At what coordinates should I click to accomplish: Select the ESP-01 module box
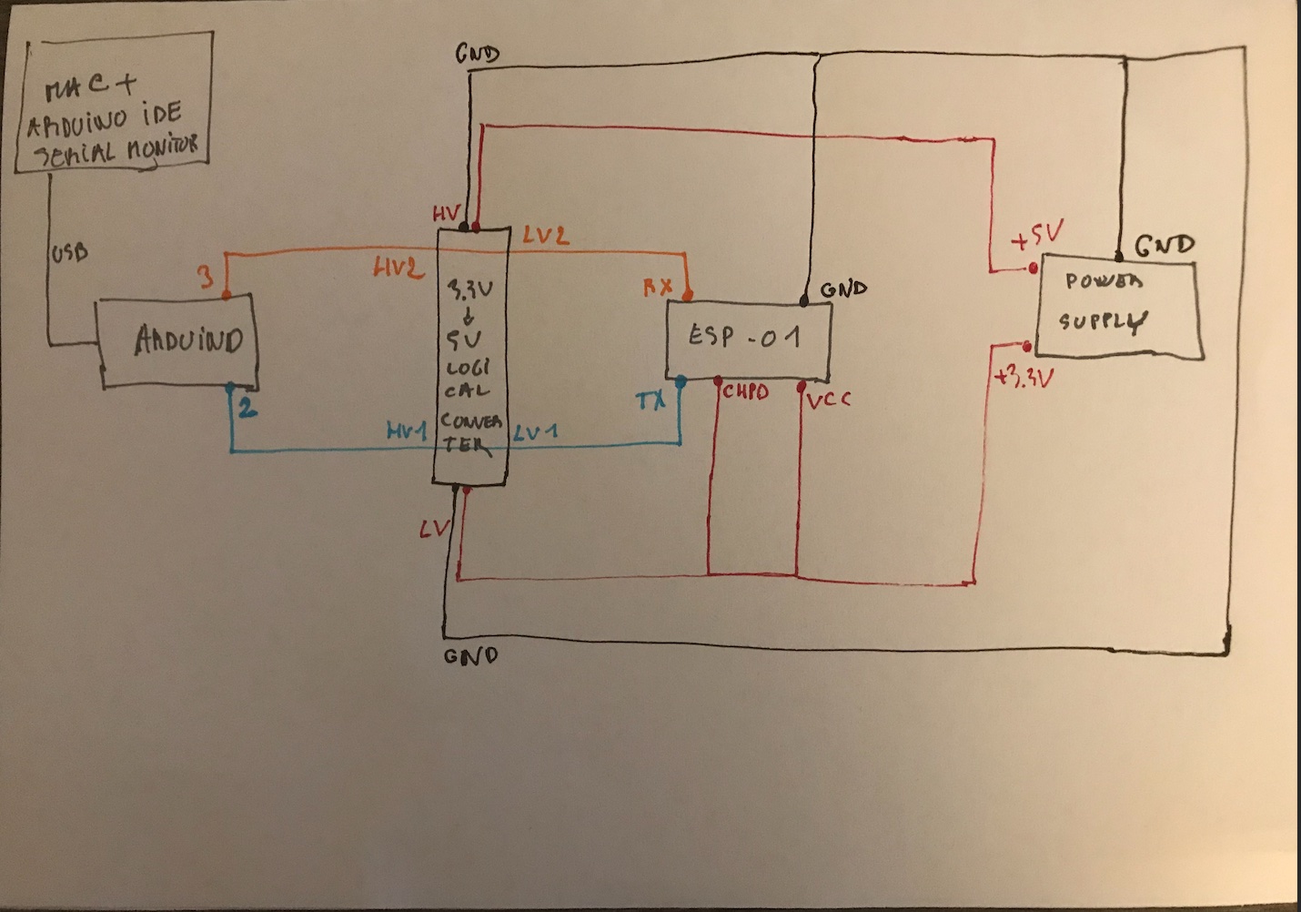[x=748, y=339]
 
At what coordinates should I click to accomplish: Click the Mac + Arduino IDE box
[x=114, y=101]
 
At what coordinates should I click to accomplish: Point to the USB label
[x=70, y=252]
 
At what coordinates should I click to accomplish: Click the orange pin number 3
[x=207, y=276]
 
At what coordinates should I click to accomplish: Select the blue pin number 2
[x=247, y=408]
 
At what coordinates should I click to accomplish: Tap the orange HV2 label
[x=398, y=269]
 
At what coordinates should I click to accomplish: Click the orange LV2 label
[x=546, y=236]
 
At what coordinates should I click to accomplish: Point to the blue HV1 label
[x=407, y=431]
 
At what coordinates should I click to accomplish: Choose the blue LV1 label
[x=536, y=431]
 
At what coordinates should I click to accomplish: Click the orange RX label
[x=658, y=288]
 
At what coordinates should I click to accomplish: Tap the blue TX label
[x=650, y=400]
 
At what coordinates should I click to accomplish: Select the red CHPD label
[x=746, y=392]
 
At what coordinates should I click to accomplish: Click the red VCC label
[x=828, y=398]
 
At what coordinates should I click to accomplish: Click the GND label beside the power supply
[x=1164, y=245]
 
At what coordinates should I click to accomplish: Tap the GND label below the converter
[x=470, y=655]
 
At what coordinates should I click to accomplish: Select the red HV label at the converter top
[x=446, y=214]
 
